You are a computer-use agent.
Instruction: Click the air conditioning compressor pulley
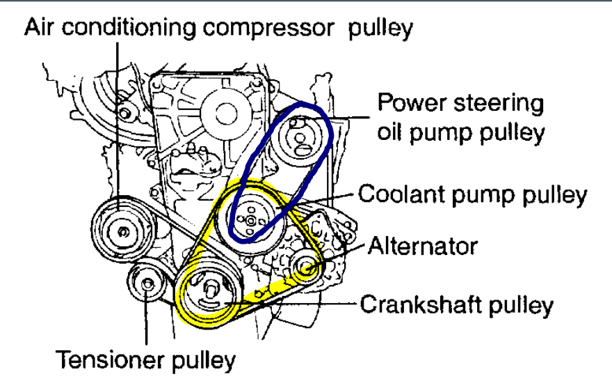click(x=120, y=229)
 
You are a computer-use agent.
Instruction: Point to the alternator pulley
click(x=305, y=266)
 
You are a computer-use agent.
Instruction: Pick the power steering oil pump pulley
click(x=300, y=136)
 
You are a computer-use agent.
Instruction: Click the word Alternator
click(x=424, y=246)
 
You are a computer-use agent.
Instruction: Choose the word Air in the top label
click(x=40, y=28)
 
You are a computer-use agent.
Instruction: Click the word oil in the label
click(x=392, y=132)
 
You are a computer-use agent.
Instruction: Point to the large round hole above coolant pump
click(x=225, y=110)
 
